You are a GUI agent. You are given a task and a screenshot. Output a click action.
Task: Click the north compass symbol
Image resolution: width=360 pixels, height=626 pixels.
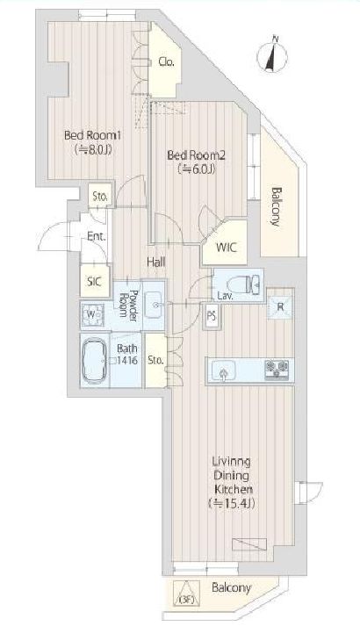point(272,56)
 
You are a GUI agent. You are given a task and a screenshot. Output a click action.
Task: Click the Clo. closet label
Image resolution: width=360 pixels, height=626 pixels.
point(166,61)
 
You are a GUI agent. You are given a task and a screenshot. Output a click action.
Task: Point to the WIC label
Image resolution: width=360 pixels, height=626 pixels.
point(227,248)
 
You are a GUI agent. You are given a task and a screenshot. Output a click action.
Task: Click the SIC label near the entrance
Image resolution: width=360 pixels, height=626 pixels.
point(94,282)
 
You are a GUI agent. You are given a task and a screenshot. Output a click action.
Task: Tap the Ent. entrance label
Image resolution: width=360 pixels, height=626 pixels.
point(97,236)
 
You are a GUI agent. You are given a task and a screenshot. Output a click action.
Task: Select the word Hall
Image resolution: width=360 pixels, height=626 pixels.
point(156,263)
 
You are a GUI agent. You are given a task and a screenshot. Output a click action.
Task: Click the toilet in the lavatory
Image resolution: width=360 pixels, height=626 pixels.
point(242,284)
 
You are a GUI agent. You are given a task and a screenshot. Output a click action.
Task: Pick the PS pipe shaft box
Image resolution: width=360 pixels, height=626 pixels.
point(212,317)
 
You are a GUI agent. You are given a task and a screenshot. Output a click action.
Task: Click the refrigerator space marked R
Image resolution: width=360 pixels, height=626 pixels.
point(280,307)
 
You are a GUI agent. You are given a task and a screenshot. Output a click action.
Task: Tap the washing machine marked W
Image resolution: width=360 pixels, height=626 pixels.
point(92,314)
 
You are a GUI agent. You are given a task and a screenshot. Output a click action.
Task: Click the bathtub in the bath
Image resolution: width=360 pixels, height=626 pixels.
point(94,361)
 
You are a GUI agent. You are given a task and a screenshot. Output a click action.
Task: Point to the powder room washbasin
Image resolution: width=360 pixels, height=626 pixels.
point(153,305)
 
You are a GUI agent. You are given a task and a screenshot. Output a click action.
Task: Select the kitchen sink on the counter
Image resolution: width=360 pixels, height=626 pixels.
point(224,371)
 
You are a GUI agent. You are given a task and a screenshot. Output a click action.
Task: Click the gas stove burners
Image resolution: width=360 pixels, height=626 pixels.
point(277,371)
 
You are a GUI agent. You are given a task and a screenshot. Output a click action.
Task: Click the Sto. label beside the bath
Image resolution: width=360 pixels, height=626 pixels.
point(155,360)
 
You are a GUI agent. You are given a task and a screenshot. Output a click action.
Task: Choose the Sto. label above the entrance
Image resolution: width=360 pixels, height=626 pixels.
point(100,197)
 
